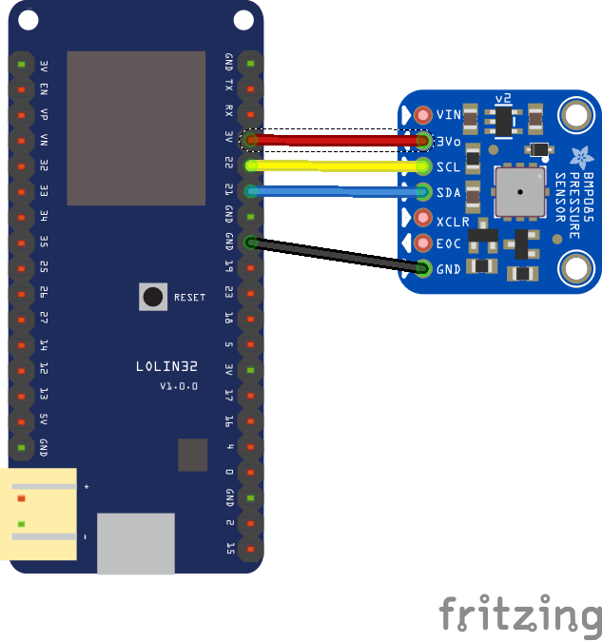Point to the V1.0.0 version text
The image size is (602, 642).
pyautogui.click(x=178, y=386)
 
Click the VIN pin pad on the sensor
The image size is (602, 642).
pyautogui.click(x=423, y=115)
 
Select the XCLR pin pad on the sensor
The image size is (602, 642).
pyautogui.click(x=423, y=218)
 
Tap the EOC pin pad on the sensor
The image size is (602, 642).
pyautogui.click(x=423, y=243)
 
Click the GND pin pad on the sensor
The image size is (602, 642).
pyautogui.click(x=423, y=269)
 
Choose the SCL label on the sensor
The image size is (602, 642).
pyautogui.click(x=448, y=167)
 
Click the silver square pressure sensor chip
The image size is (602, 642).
pyautogui.click(x=520, y=191)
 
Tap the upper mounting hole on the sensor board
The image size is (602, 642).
pyautogui.click(x=575, y=116)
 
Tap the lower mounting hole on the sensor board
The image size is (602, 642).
pyautogui.click(x=575, y=268)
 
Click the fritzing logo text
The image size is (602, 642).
pyautogui.click(x=519, y=615)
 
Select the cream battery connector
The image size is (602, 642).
pyautogui.click(x=38, y=514)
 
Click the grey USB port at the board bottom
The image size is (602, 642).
pyautogui.click(x=136, y=543)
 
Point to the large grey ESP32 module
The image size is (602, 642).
pyautogui.click(x=136, y=127)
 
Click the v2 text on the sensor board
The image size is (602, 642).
pyautogui.click(x=504, y=99)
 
